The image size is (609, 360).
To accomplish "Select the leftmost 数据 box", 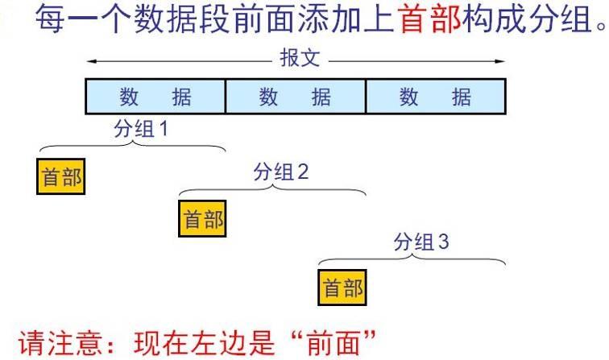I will tap(155, 97).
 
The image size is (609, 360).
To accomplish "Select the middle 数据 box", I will tap(296, 97).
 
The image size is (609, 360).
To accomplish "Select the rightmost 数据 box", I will tap(436, 97).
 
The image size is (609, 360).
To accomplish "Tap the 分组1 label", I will tap(141, 129).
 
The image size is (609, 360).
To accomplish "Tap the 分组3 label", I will tap(420, 242).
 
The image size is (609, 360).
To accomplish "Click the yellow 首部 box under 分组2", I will tap(202, 220).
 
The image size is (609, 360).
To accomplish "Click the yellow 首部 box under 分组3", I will tap(342, 288).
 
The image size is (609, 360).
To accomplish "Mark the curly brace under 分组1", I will tap(133, 147).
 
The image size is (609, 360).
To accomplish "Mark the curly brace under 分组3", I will tap(412, 259).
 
